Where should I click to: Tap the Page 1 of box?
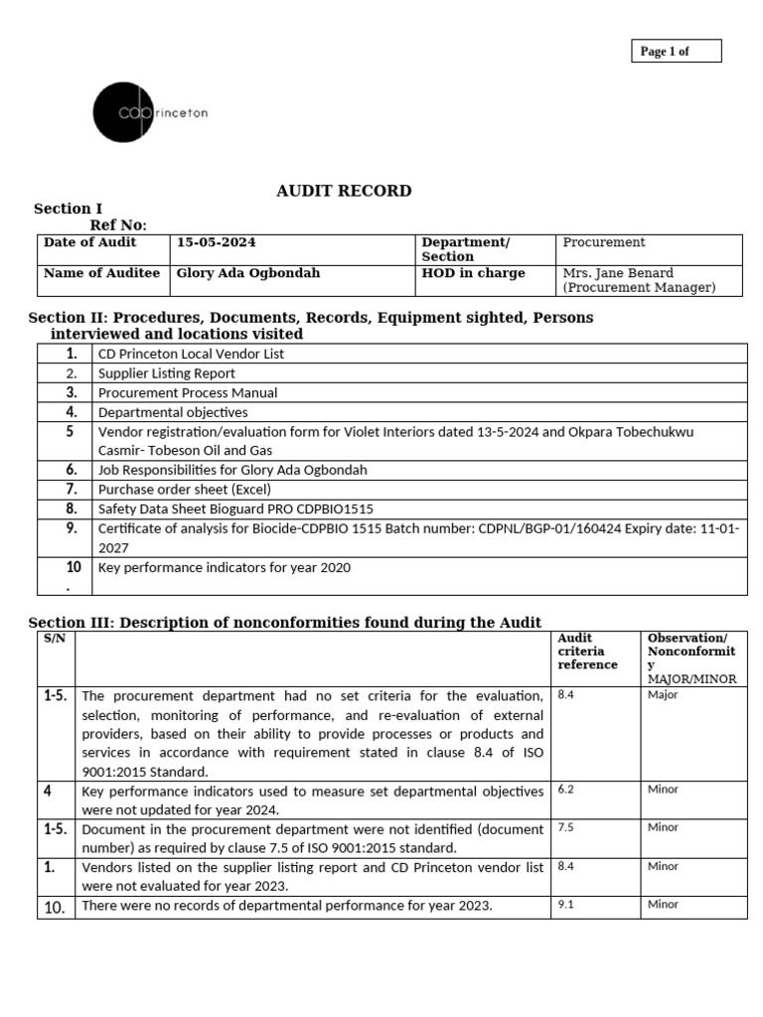click(676, 51)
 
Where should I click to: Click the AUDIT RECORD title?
click(344, 191)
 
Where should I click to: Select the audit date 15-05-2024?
click(210, 242)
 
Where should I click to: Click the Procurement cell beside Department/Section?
click(604, 242)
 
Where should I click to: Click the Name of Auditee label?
click(101, 273)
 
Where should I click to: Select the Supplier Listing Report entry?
click(166, 373)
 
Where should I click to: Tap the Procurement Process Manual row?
click(187, 392)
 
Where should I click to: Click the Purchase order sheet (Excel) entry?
click(184, 489)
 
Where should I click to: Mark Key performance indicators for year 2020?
click(224, 568)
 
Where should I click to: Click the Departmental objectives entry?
click(172, 412)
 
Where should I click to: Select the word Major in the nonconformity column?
click(663, 695)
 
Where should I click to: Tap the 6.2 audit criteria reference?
click(566, 790)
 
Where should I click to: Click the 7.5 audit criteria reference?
click(566, 827)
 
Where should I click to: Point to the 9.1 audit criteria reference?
click(566, 905)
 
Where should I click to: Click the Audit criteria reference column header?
click(587, 651)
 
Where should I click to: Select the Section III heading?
click(284, 622)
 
